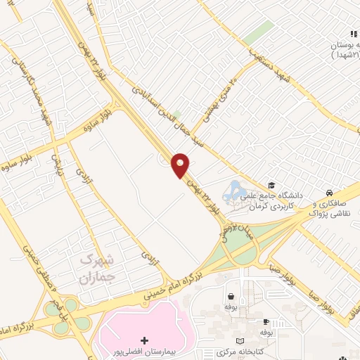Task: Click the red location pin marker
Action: tap(181, 164)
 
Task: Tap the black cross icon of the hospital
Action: tap(145, 340)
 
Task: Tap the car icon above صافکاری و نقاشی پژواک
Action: tap(329, 193)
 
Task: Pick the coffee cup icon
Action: tap(265, 319)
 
